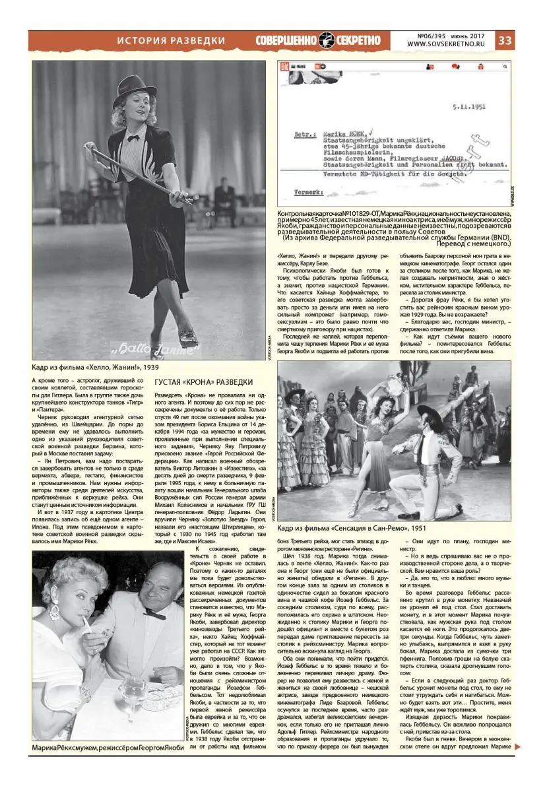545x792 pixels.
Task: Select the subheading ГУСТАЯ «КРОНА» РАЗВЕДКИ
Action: [203, 382]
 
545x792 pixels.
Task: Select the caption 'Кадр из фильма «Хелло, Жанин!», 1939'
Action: [95, 367]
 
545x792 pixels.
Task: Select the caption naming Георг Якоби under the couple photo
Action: [108, 747]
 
